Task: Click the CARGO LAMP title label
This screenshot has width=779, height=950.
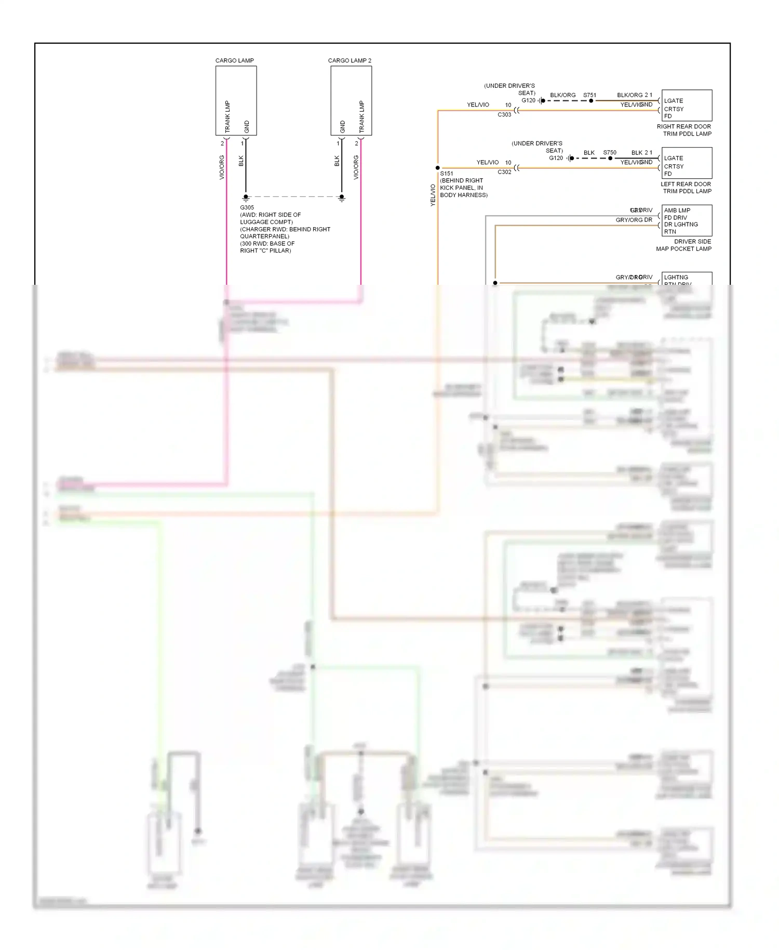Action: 234,61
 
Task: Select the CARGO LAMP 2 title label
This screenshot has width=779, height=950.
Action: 350,61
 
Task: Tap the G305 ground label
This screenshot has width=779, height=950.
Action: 247,208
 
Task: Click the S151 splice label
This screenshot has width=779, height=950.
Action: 447,174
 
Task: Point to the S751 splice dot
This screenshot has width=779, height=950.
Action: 591,101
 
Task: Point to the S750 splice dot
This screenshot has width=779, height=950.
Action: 610,158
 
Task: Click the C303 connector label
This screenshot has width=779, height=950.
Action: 504,115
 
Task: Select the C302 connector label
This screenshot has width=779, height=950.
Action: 504,172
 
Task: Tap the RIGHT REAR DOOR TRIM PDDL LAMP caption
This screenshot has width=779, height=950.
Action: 684,130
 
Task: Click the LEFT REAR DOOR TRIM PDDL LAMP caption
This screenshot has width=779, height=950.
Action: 686,188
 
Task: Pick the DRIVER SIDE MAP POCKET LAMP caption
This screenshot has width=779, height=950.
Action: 684,245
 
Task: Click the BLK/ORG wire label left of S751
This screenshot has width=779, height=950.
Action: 562,95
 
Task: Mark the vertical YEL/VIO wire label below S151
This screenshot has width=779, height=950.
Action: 433,195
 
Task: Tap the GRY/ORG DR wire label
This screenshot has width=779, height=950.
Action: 634,220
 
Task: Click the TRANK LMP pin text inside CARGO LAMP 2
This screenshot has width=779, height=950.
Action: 361,116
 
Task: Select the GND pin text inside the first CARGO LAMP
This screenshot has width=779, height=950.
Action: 247,126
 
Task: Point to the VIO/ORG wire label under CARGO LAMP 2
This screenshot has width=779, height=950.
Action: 356,167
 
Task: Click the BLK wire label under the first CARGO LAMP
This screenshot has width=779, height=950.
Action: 241,161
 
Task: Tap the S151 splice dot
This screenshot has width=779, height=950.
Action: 438,168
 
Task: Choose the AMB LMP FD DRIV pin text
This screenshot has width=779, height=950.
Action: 677,214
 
